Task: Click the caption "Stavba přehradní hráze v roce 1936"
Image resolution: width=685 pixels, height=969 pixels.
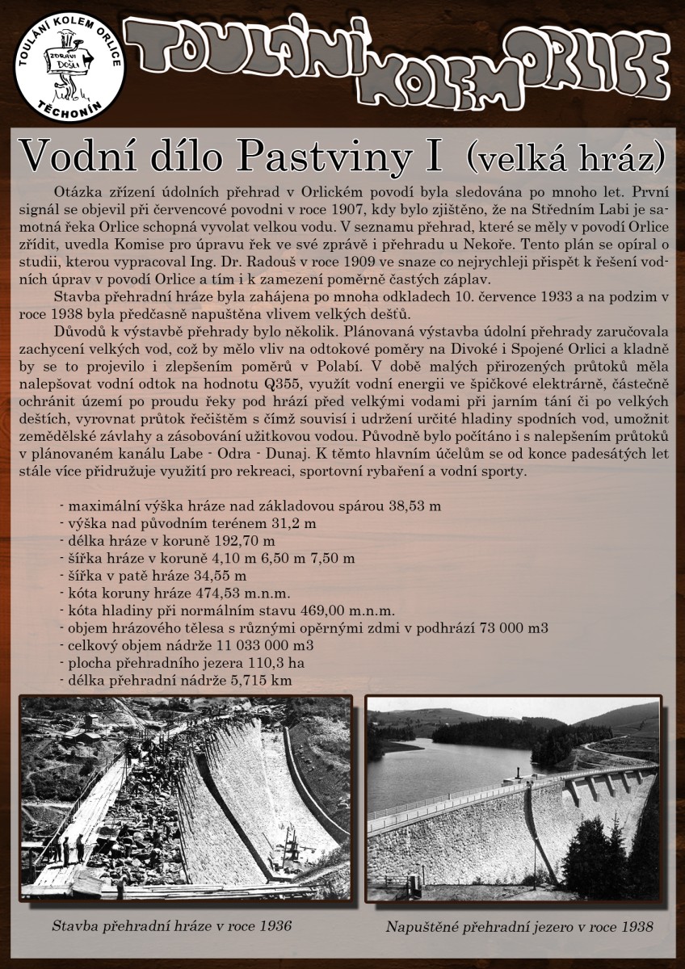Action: pyautogui.click(x=171, y=925)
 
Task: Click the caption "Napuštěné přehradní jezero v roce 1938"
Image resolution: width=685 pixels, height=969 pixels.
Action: pyautogui.click(x=519, y=925)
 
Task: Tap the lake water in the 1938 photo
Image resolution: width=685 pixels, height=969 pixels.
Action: pyautogui.click(x=452, y=767)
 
